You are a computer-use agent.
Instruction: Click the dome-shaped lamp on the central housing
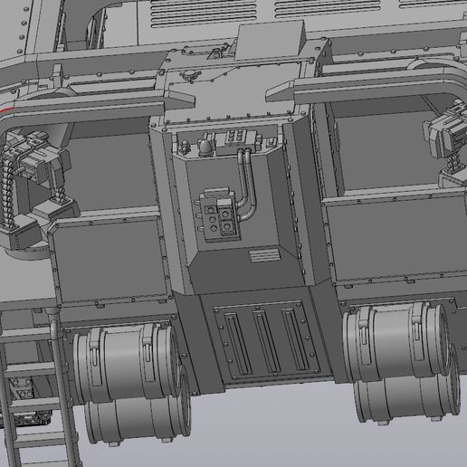pos(206,145)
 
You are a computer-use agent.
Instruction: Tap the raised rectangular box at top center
pos(272,42)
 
